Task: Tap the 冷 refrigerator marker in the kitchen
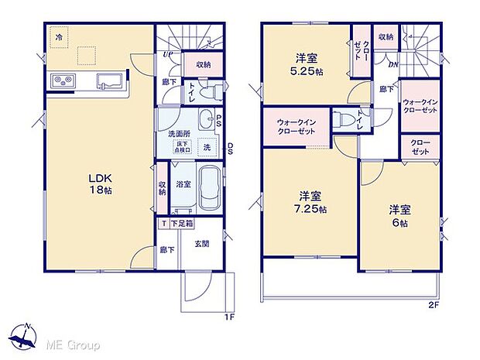coord(58,36)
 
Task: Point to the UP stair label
coord(167,55)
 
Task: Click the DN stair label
coord(393,65)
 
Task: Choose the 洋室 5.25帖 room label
coord(305,63)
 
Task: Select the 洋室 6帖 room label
coord(399,214)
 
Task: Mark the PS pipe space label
coord(219,121)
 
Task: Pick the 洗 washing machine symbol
coord(207,147)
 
